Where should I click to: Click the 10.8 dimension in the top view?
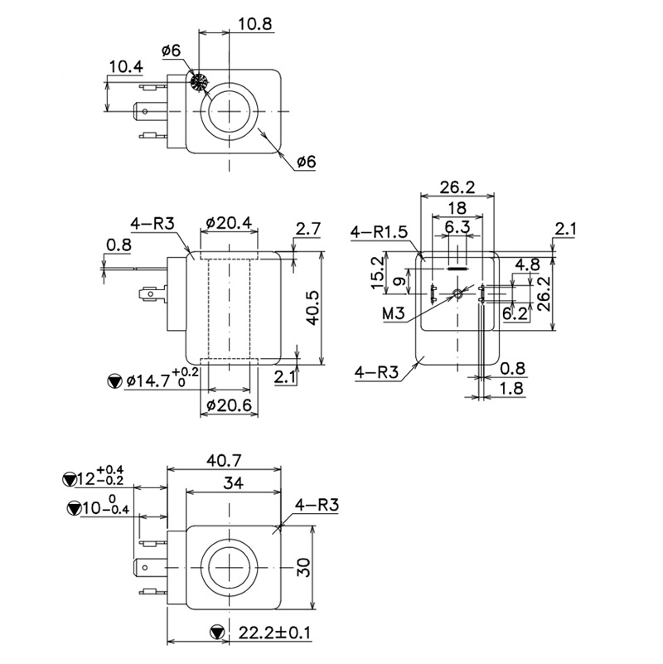tap(255, 24)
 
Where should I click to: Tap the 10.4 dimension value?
tap(125, 66)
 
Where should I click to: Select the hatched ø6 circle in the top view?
tap(198, 82)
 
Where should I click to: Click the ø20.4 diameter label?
tap(228, 222)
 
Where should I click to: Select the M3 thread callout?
tap(394, 313)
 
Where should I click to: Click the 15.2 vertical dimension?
tap(377, 274)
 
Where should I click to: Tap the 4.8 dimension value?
tap(528, 264)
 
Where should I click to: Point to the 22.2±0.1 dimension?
tap(274, 633)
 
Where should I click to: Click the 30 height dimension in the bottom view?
tap(303, 568)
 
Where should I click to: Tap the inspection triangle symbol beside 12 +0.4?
tap(70, 478)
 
